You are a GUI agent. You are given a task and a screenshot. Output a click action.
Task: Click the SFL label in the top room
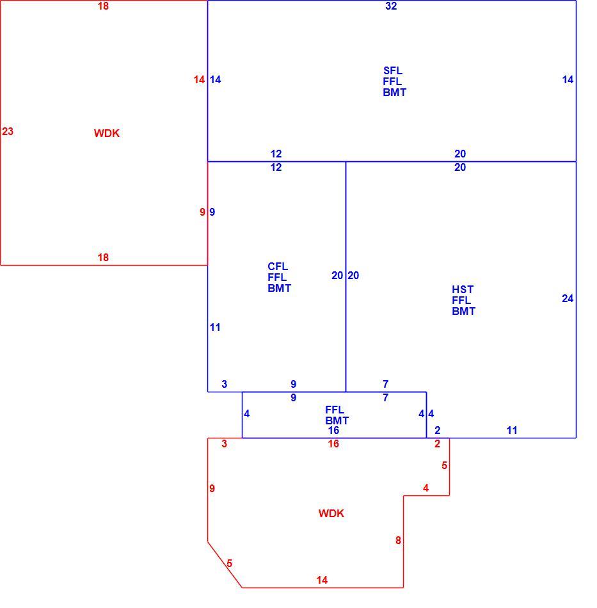click(x=393, y=70)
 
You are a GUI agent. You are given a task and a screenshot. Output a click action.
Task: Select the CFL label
click(x=278, y=266)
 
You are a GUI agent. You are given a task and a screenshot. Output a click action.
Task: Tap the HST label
click(x=463, y=289)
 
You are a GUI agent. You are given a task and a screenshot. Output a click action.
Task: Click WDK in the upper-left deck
click(x=107, y=133)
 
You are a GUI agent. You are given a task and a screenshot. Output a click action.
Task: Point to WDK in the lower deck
click(x=331, y=513)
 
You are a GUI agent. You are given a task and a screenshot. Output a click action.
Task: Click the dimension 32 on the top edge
click(x=391, y=6)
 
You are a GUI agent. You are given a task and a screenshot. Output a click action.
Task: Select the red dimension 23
click(x=8, y=131)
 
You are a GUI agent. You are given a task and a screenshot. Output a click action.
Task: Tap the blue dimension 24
click(x=568, y=299)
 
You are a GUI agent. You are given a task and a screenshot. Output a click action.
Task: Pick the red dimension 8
click(x=398, y=540)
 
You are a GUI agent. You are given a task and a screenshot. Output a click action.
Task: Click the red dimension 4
click(x=426, y=488)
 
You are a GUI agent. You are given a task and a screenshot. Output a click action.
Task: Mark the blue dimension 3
click(x=224, y=384)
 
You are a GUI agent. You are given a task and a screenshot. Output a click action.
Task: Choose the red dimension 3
click(x=224, y=444)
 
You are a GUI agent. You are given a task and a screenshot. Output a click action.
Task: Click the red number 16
click(x=333, y=444)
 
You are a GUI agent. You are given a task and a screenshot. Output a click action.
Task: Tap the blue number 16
click(x=333, y=430)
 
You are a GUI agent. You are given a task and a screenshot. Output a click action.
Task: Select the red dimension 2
click(x=437, y=444)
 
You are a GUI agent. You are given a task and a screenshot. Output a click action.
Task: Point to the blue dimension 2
click(x=437, y=430)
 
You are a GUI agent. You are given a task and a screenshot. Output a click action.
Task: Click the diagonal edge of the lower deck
click(x=225, y=564)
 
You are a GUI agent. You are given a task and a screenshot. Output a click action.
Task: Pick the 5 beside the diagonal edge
click(x=230, y=563)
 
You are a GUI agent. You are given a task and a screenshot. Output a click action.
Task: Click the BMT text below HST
click(x=464, y=311)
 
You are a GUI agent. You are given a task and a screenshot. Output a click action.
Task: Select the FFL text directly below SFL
click(x=392, y=81)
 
